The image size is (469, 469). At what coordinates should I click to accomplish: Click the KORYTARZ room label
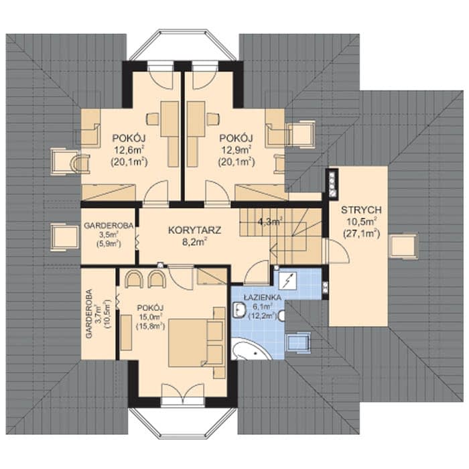(195, 230)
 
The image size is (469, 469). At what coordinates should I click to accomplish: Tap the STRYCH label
(361, 210)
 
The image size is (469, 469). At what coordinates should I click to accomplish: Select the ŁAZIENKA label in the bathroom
(263, 297)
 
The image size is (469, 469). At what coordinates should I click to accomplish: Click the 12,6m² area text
(129, 149)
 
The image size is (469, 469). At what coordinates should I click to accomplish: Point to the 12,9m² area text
(236, 149)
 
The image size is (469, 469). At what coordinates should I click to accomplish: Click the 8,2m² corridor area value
(195, 242)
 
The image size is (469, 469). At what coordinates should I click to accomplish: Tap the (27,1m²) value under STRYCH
(361, 233)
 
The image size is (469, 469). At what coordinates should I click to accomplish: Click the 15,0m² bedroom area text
(150, 317)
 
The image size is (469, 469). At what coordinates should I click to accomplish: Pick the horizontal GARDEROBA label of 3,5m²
(109, 226)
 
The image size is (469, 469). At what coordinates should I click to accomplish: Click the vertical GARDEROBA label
(89, 314)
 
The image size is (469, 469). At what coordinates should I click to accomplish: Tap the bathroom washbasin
(239, 310)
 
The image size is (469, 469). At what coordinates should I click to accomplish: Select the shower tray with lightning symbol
(288, 280)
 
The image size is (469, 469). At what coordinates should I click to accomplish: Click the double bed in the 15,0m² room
(196, 343)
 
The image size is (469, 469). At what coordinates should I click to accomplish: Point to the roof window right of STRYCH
(404, 246)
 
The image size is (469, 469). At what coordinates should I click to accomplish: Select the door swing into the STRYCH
(338, 251)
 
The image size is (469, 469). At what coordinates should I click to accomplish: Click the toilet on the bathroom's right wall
(282, 316)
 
